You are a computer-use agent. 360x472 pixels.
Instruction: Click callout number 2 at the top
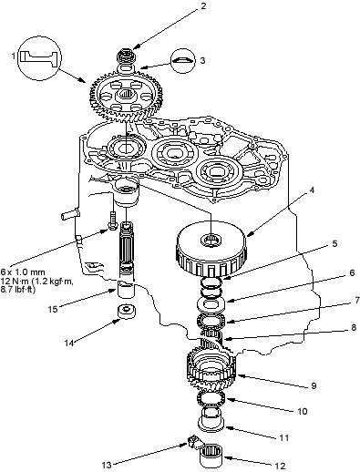pyautogui.click(x=203, y=6)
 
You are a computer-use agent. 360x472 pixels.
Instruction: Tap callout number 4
pyautogui.click(x=312, y=190)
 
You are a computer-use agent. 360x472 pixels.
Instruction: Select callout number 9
pyautogui.click(x=314, y=385)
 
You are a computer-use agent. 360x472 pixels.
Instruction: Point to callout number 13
pyautogui.click(x=107, y=465)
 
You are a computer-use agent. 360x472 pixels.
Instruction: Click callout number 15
pyautogui.click(x=53, y=309)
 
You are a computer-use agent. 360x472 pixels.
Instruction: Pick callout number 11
pyautogui.click(x=283, y=437)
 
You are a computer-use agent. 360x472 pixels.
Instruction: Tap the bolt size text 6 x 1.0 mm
pyautogui.click(x=23, y=272)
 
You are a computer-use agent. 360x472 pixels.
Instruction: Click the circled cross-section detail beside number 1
pyautogui.click(x=39, y=58)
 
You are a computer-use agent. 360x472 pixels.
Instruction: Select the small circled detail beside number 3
pyautogui.click(x=182, y=60)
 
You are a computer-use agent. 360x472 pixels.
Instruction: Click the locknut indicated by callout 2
pyautogui.click(x=126, y=55)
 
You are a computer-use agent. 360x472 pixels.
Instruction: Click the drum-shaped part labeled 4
pyautogui.click(x=211, y=250)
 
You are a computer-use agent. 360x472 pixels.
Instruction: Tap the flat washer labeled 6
pyautogui.click(x=211, y=304)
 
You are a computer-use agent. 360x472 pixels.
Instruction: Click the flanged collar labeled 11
pyautogui.click(x=211, y=419)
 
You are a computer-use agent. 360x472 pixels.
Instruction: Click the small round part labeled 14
pyautogui.click(x=127, y=312)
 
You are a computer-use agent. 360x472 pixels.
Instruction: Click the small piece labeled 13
pyautogui.click(x=193, y=441)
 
